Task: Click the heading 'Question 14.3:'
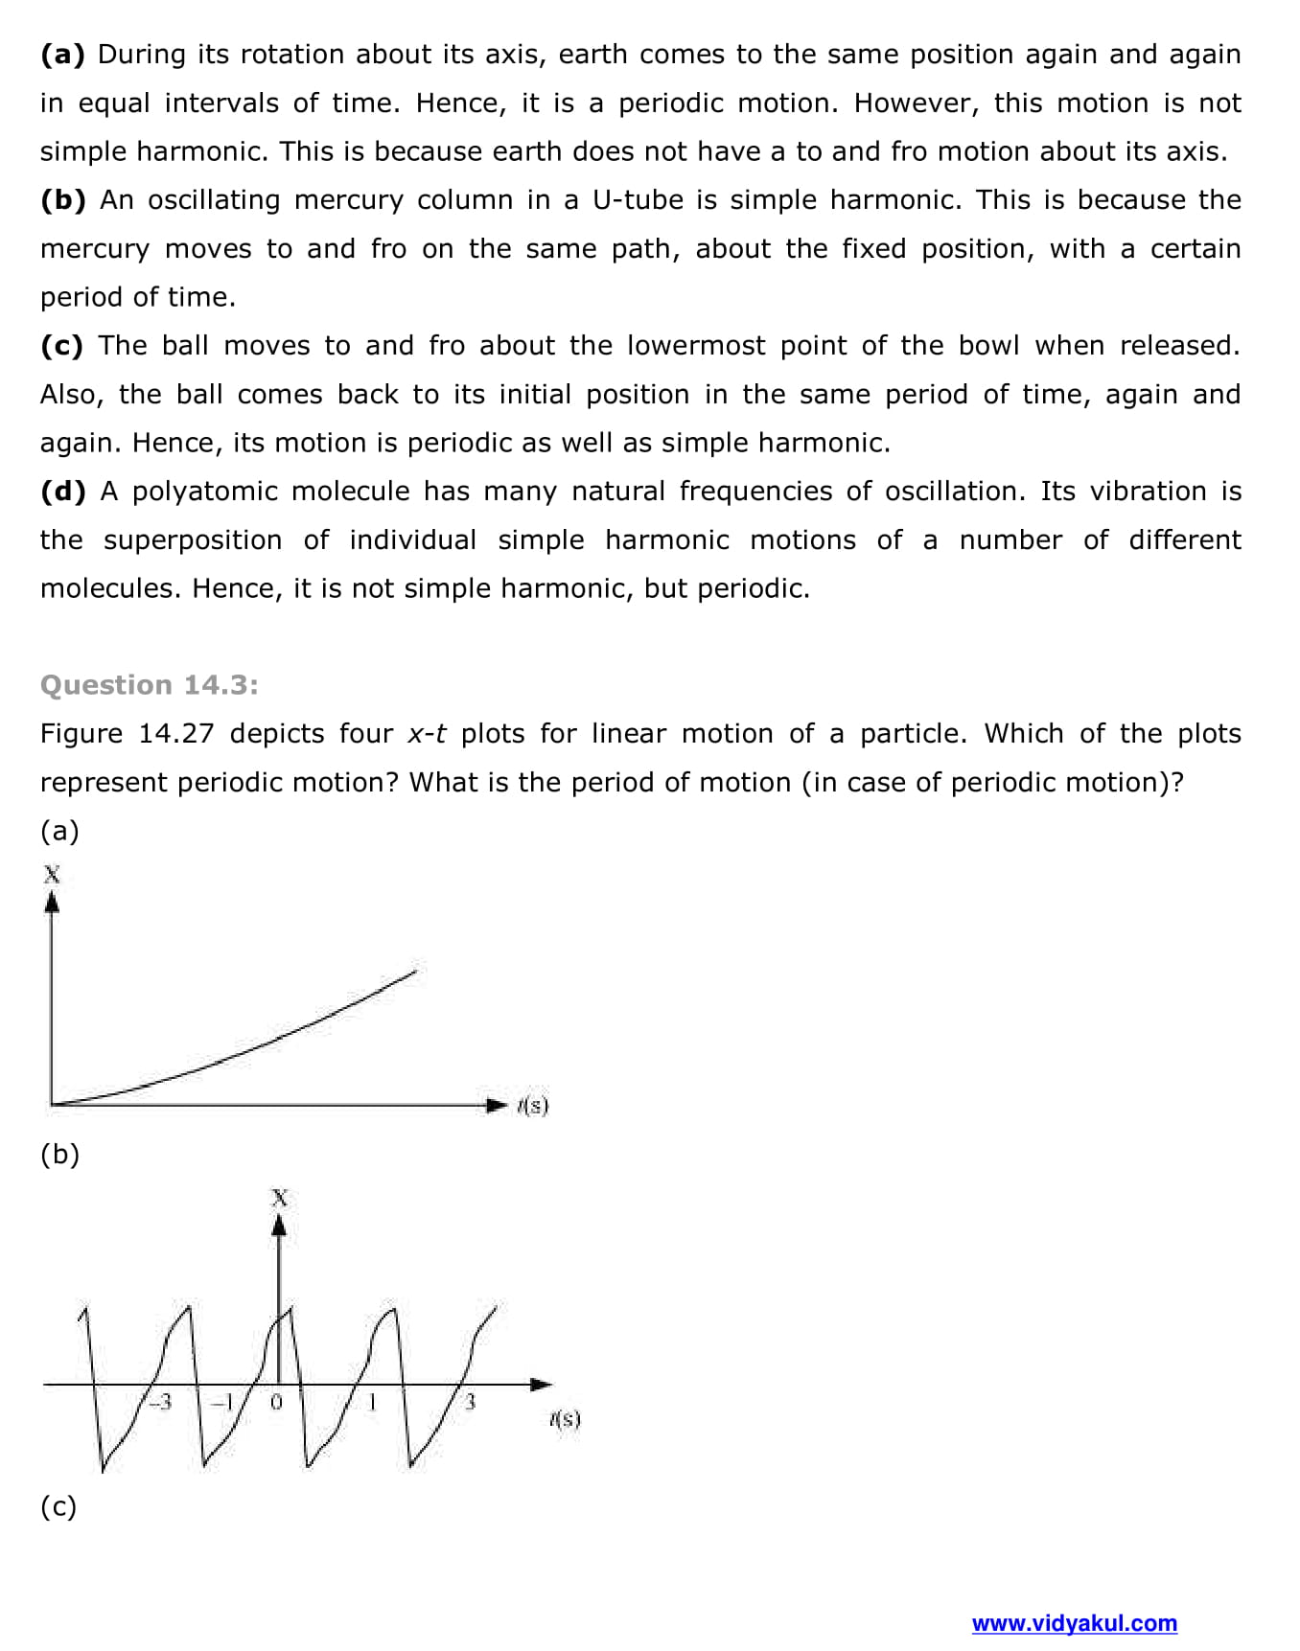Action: [x=149, y=685]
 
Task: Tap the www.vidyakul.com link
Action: [x=1074, y=1623]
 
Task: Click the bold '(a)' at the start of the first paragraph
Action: [x=62, y=55]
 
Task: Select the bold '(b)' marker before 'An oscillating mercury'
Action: [x=63, y=200]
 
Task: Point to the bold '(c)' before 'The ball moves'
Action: [x=62, y=346]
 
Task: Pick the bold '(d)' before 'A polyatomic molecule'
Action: [x=63, y=492]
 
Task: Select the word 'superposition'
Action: [x=193, y=540]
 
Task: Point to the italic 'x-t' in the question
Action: [x=427, y=734]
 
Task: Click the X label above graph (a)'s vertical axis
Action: [x=52, y=874]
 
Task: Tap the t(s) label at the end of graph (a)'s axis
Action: [x=533, y=1106]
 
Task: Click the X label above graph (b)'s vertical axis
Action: [x=279, y=1197]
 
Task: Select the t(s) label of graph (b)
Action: [x=565, y=1419]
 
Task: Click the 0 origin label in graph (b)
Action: [x=276, y=1402]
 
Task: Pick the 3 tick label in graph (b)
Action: [x=470, y=1402]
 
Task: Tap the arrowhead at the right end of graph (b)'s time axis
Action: [x=542, y=1385]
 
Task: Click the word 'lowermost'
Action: [x=695, y=346]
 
